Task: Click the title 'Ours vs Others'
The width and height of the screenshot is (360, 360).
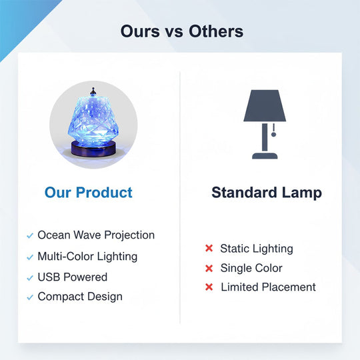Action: click(181, 31)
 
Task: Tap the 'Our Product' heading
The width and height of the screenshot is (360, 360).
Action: click(89, 193)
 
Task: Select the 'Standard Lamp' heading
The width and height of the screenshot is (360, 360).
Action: click(267, 193)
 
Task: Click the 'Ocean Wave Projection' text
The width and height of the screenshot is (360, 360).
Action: click(96, 235)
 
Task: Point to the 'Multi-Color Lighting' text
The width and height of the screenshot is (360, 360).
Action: click(87, 256)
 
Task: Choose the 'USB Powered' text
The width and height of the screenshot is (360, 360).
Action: click(72, 277)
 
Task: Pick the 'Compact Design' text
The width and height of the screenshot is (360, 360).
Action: click(80, 297)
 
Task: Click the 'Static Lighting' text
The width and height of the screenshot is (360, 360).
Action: click(257, 249)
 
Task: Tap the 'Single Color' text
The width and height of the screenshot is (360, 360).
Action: click(251, 268)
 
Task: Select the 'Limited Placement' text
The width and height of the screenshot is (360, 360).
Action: click(268, 287)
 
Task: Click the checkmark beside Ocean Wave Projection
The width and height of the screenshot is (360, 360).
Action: click(29, 236)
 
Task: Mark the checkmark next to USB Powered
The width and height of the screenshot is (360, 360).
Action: click(29, 277)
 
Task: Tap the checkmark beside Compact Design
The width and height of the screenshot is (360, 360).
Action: click(29, 297)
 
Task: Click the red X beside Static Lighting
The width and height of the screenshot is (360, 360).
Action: click(209, 249)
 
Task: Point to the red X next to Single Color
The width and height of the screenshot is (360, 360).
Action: click(209, 268)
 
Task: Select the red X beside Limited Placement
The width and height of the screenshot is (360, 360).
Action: click(209, 287)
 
